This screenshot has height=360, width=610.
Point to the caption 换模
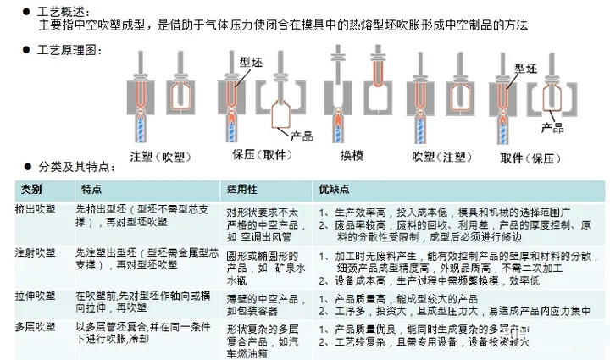pos(346,156)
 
